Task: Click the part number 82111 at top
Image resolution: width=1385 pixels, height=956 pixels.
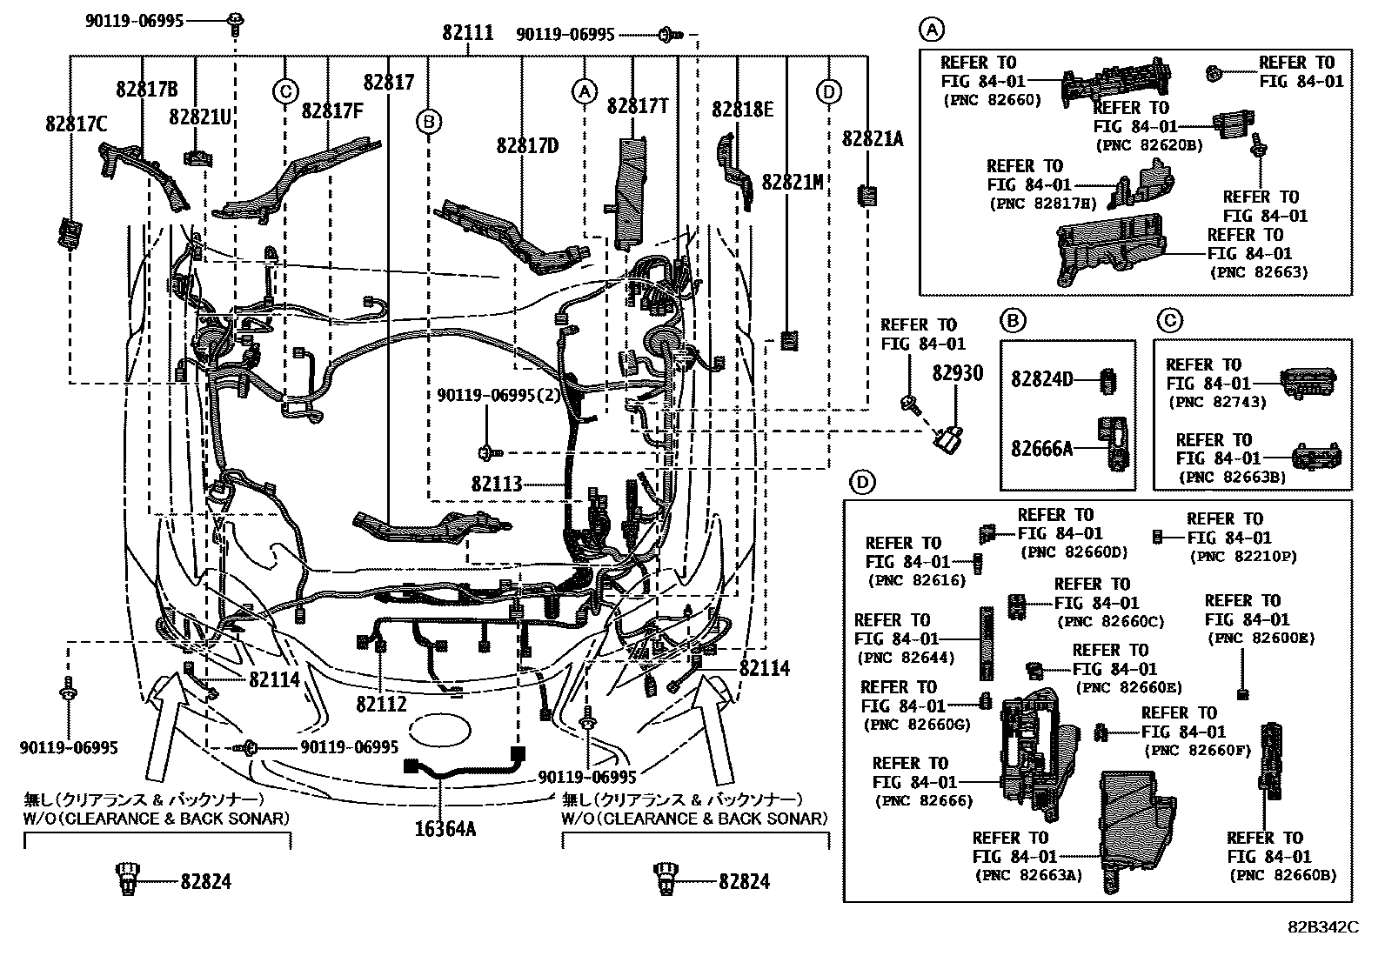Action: click(467, 33)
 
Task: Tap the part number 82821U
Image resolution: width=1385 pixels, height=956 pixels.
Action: click(200, 116)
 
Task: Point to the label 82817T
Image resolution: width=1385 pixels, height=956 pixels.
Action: click(638, 106)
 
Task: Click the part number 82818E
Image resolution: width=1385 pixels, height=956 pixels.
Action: click(742, 109)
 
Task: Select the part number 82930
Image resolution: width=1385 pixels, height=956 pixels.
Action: click(957, 373)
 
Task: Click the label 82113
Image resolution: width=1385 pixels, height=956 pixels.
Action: click(497, 483)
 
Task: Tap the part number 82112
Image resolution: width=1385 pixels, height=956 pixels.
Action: click(381, 704)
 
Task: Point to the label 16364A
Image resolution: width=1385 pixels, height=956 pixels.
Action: click(445, 829)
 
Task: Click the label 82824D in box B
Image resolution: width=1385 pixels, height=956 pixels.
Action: click(1041, 380)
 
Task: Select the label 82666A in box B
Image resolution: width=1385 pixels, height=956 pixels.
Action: click(1041, 449)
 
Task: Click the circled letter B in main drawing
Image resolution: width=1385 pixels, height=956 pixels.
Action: click(428, 122)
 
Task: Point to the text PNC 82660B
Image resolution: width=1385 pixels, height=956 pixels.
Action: click(1282, 875)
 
